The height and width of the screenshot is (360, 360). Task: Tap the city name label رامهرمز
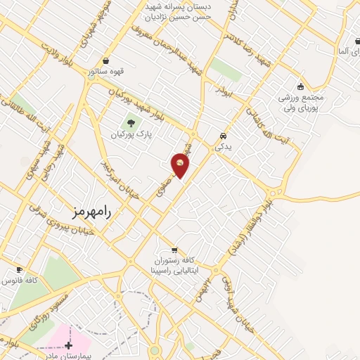93,210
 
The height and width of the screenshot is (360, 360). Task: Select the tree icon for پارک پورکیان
130,124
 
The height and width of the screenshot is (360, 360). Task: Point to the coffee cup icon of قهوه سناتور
105,61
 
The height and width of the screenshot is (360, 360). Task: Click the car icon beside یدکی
223,136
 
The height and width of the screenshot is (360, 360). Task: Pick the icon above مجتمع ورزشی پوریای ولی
301,86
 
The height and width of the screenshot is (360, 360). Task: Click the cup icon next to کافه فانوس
19,270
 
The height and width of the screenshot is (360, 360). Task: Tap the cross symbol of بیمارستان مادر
68,345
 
